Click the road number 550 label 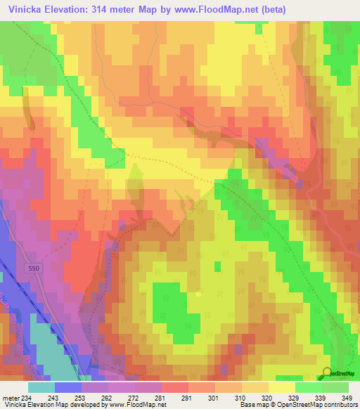(34, 269)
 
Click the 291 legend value (186, 398)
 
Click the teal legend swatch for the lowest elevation (41, 387)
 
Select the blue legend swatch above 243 (67, 387)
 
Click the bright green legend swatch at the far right (335, 387)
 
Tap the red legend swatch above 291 (174, 387)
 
